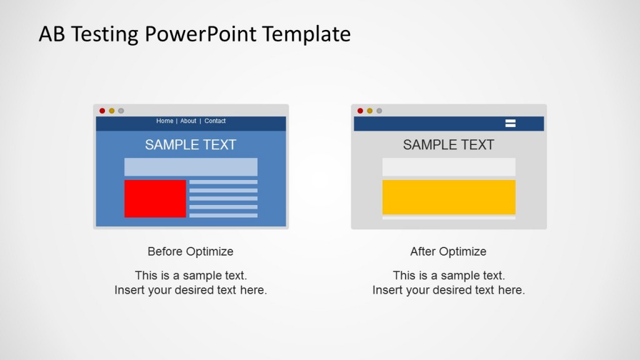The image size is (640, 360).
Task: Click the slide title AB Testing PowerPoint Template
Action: coord(194,34)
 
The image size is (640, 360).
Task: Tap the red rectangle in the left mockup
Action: coord(155,199)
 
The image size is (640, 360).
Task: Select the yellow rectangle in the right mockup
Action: coord(449,197)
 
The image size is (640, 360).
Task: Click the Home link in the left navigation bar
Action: coord(164,121)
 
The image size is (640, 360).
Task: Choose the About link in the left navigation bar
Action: coord(188,121)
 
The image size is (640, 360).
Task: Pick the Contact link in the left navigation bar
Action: coord(215,121)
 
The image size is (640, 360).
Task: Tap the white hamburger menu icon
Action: coord(510,123)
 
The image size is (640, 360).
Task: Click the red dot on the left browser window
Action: coord(102,111)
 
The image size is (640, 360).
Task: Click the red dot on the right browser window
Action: coord(360,111)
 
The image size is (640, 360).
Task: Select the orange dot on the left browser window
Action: coord(112,111)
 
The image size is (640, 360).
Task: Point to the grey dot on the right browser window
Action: coord(379,111)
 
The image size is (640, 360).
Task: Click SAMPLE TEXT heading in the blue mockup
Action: coord(191,145)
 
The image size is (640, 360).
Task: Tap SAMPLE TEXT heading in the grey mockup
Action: coord(448,145)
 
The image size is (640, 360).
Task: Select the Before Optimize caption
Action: coord(191,251)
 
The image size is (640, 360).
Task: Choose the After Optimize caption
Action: coord(448,251)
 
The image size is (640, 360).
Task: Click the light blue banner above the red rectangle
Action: coord(191,167)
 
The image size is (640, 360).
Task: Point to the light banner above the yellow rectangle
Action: coord(449,167)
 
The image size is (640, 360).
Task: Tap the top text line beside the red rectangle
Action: coord(223,182)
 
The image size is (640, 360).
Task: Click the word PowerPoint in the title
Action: coord(202,34)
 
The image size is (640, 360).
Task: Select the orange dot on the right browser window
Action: coord(369,111)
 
